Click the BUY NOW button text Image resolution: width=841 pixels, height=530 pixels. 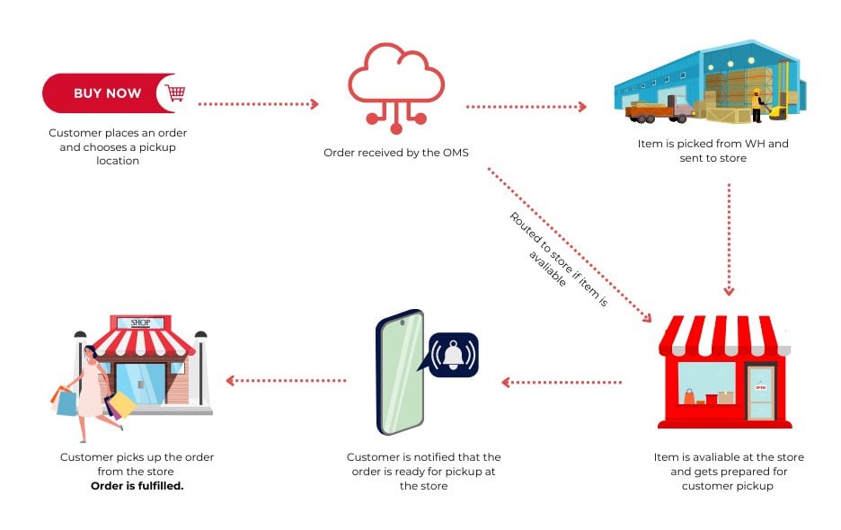107,93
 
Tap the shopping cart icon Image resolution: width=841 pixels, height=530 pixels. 175,93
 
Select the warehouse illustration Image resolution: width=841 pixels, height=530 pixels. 710,82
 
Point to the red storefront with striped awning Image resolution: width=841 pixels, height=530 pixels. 725,370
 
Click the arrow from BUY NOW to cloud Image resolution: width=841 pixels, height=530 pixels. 258,104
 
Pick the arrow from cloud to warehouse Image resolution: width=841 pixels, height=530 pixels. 526,106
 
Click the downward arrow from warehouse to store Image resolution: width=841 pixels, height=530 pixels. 729,239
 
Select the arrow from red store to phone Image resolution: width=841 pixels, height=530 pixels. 562,382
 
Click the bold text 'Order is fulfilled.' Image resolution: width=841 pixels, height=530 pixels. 137,485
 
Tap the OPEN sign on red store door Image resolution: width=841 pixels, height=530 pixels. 760,387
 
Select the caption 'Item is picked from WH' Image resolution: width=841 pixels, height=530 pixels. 713,144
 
